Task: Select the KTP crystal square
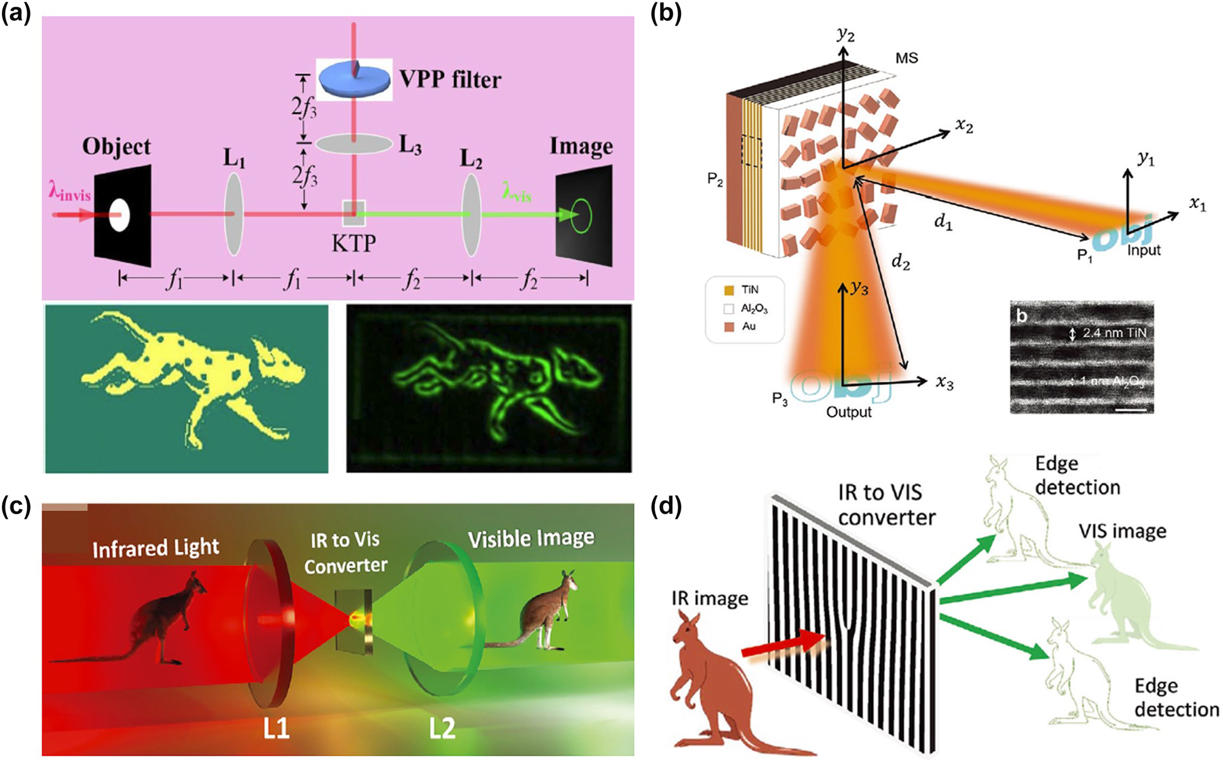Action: pyautogui.click(x=353, y=213)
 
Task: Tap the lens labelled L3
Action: pyautogui.click(x=353, y=144)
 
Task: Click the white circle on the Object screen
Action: pyautogui.click(x=119, y=215)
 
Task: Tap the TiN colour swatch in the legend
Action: pyautogui.click(x=729, y=290)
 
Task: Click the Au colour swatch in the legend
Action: pyautogui.click(x=729, y=327)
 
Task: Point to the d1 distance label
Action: pyautogui.click(x=944, y=223)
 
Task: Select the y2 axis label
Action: pyautogui.click(x=846, y=34)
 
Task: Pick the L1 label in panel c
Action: pyautogui.click(x=276, y=728)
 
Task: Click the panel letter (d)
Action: pyautogui.click(x=666, y=507)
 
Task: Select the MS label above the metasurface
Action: pyautogui.click(x=906, y=59)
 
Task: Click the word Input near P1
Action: pyautogui.click(x=1144, y=250)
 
